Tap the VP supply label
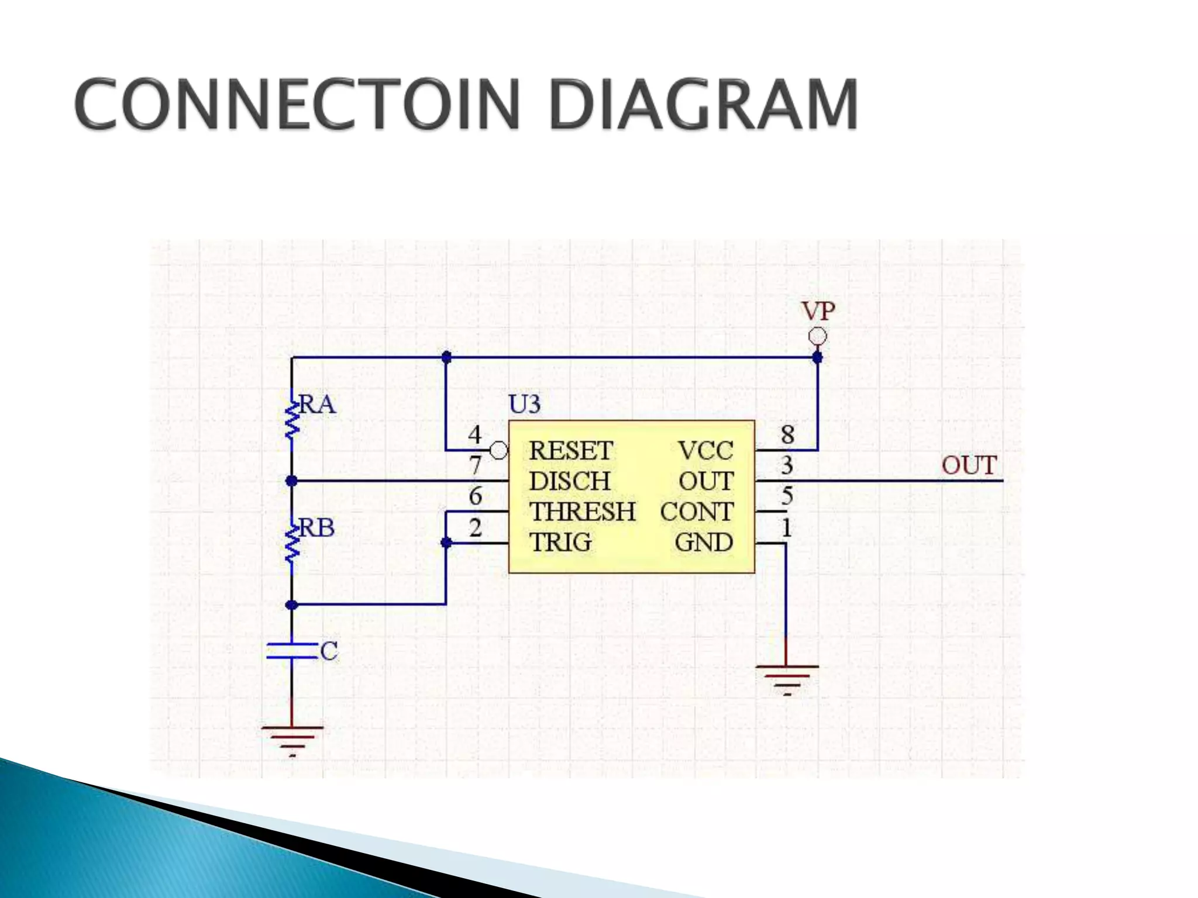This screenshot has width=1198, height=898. click(817, 311)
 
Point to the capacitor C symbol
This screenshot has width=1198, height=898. click(292, 651)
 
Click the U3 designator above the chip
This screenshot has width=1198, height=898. click(524, 405)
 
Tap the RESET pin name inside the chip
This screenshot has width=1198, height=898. click(570, 451)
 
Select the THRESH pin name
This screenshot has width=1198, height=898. click(582, 512)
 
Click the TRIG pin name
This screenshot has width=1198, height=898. click(560, 543)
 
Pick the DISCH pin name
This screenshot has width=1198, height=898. click(569, 481)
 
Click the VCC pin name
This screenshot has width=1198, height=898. click(705, 451)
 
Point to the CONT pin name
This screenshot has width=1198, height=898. click(696, 512)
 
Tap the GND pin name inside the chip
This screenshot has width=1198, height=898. click(704, 543)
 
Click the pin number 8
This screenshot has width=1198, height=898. click(787, 434)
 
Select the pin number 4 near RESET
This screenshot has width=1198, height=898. click(475, 435)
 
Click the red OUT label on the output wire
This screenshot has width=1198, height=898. click(969, 465)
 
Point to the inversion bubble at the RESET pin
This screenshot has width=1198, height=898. click(498, 451)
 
